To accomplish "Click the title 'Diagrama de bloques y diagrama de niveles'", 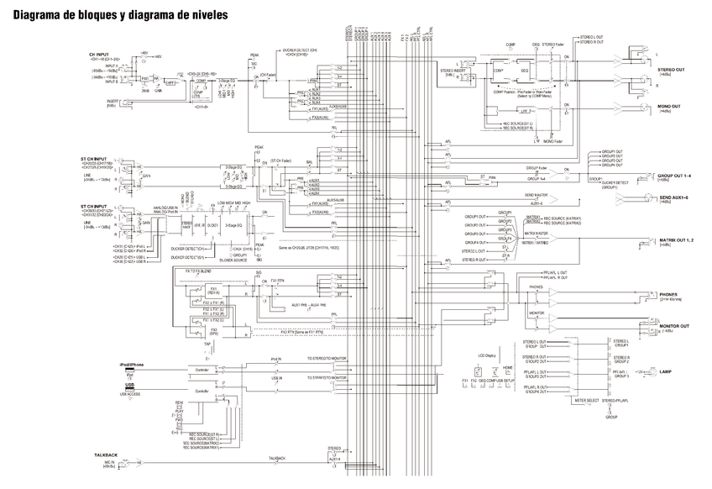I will [122, 15].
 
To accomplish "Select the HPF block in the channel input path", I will [171, 83].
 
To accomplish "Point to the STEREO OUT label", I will [671, 71].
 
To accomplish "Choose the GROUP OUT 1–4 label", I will [675, 176].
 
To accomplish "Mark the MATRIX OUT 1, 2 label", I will [677, 240].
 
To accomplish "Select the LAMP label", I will [665, 371].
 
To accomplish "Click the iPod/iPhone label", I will [132, 364].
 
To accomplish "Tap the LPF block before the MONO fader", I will [524, 110].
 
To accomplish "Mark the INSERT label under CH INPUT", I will [113, 101].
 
